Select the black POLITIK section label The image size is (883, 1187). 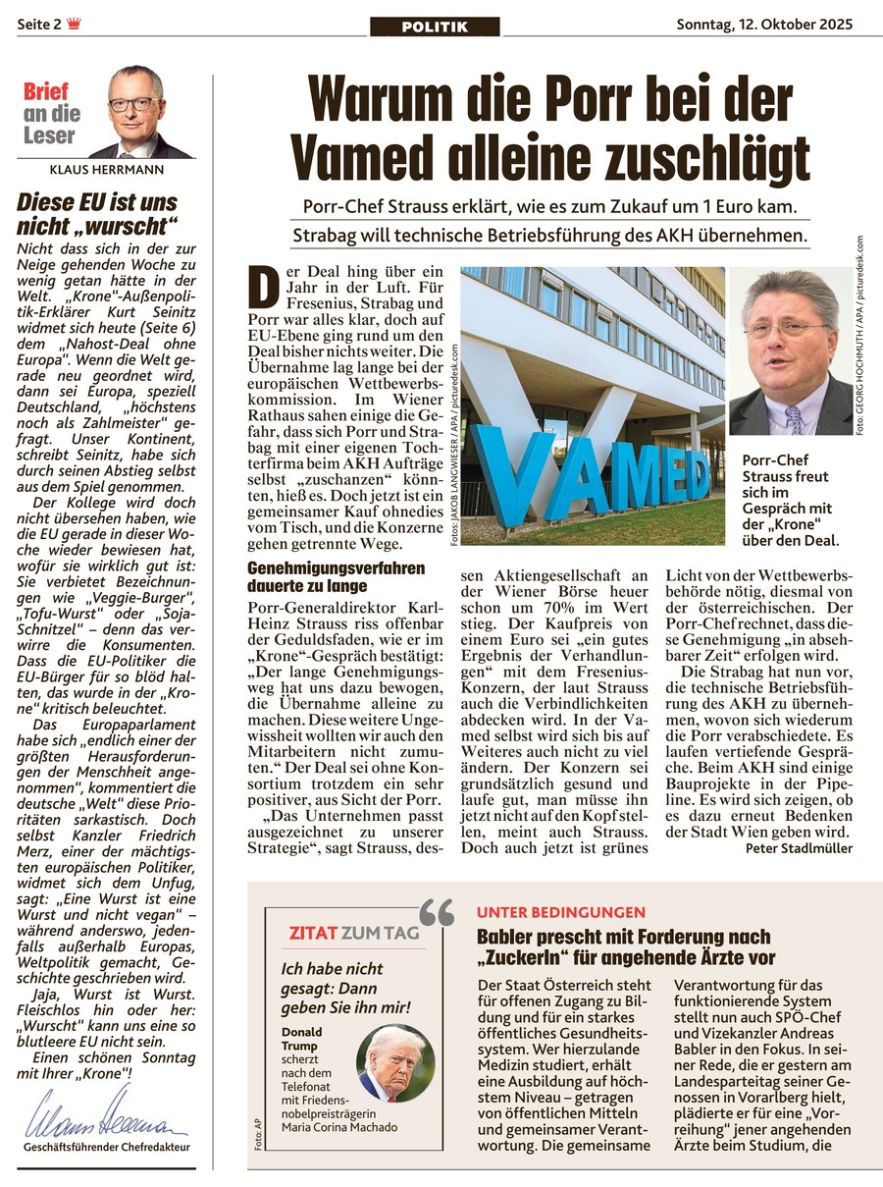[x=435, y=27]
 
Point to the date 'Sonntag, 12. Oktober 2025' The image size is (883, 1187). [x=764, y=24]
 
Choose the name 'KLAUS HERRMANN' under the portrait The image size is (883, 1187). [x=106, y=169]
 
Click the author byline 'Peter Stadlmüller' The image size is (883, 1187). [x=798, y=848]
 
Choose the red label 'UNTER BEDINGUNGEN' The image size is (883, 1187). [x=561, y=912]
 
